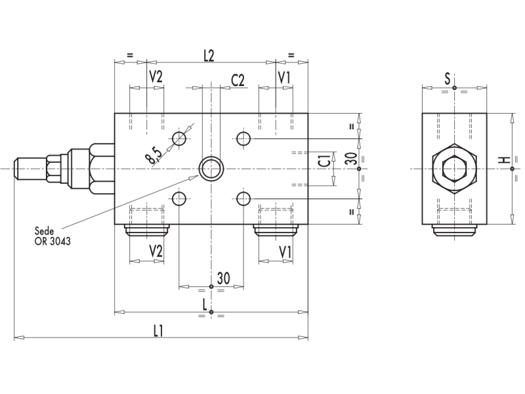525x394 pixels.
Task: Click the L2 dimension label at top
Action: pos(209,56)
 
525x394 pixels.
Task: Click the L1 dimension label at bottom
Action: pos(158,330)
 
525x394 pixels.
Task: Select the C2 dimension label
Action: pos(238,80)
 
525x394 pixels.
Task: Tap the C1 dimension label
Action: pos(324,160)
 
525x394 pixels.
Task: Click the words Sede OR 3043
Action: pos(53,236)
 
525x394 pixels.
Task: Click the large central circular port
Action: pos(211,169)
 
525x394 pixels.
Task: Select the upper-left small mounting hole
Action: pos(179,138)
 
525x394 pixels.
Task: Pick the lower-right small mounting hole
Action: pos(244,198)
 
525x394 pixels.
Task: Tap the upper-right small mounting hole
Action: pos(244,138)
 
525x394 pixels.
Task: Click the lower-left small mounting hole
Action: pos(179,198)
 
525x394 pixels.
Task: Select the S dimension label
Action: pos(448,79)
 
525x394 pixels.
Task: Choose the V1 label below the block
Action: pos(285,252)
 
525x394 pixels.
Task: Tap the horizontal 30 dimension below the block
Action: pos(223,279)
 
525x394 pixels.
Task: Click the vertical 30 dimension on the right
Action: pos(350,158)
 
